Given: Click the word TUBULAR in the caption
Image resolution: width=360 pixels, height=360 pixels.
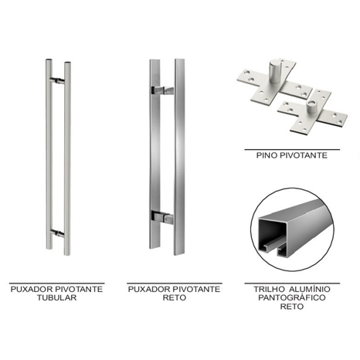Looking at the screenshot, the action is pos(56,297).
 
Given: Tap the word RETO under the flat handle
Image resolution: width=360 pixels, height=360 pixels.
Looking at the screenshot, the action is pos(175,297).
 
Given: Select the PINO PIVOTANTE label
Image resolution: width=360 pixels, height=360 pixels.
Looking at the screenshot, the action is pos(292,155).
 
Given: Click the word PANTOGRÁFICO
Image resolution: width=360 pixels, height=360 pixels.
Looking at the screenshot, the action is pos(292,297).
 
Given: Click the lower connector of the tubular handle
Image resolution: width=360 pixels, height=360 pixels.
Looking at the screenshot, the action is pos(58,233).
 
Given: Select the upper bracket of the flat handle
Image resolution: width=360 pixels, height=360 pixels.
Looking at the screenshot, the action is pos(162,90).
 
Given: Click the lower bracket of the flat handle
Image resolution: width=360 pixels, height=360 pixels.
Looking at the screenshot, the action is pos(162,217).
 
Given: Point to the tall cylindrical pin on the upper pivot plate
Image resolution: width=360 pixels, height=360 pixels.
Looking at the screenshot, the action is pos(275,71).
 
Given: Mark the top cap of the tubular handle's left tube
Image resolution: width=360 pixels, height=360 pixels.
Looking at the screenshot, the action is pos(49,61).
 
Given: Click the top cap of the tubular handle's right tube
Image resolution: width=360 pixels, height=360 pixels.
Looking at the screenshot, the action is pos(67,63).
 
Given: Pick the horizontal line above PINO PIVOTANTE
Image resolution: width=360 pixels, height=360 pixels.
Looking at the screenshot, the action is pos(292,149).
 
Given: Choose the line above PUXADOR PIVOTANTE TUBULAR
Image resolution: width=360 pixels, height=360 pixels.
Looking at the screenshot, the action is pos(57,284).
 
